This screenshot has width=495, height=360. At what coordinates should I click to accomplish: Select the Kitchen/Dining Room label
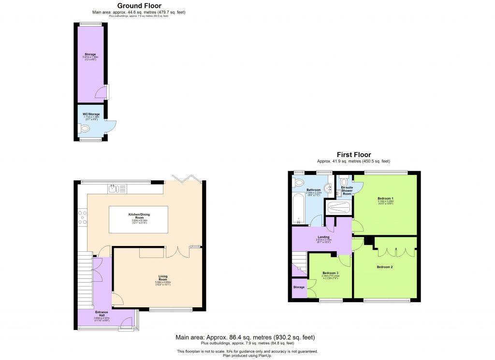139,215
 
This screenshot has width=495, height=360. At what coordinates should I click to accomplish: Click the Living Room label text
163,279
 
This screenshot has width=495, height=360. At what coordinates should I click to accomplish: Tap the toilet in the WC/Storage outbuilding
84,129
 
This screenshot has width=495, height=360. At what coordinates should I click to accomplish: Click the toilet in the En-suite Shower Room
343,182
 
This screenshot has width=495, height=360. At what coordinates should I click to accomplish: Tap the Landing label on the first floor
323,237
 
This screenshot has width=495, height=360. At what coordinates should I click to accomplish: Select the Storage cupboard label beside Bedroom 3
299,287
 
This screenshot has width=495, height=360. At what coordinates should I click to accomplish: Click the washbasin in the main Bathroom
329,188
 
